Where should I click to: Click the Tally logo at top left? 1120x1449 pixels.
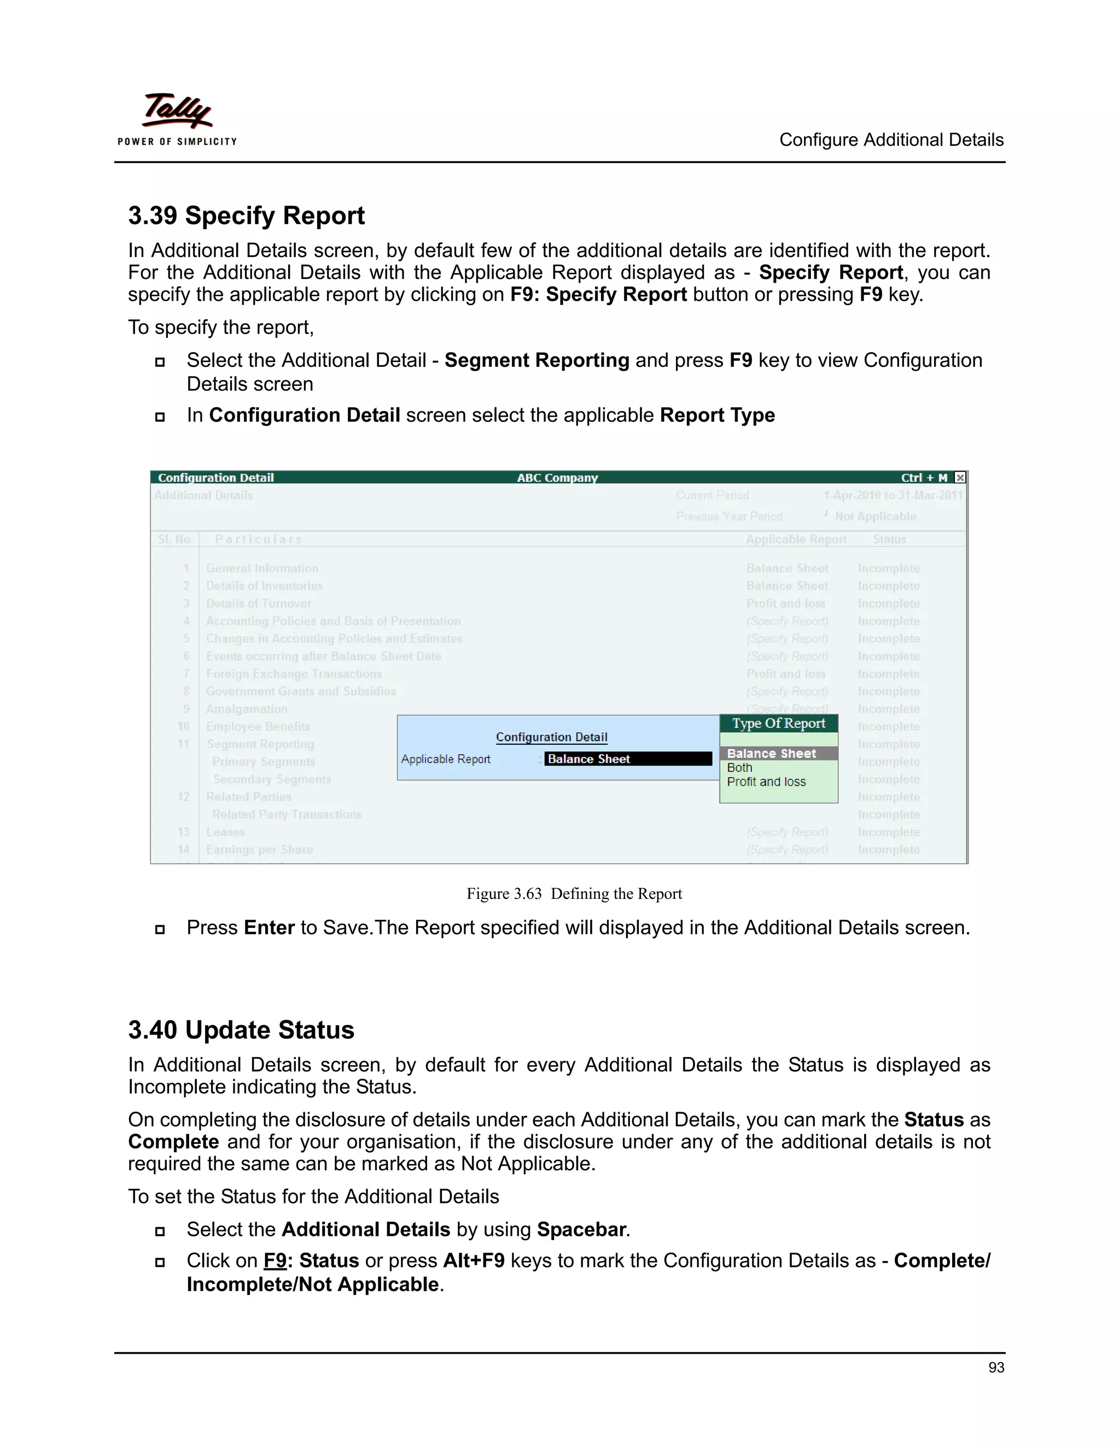[x=177, y=119]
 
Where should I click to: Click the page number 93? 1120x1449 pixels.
[x=996, y=1368]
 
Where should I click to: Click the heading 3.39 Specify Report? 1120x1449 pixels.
[x=246, y=215]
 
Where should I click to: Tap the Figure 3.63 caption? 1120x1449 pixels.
[x=574, y=893]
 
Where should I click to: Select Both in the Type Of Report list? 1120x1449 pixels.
[x=739, y=768]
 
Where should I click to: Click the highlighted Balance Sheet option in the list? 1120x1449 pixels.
[x=771, y=753]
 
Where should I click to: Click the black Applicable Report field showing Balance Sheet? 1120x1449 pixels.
[x=627, y=759]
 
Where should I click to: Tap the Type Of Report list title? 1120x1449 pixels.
[x=778, y=723]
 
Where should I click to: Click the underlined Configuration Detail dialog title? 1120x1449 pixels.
[x=551, y=737]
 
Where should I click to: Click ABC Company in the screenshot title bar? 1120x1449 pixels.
[x=557, y=478]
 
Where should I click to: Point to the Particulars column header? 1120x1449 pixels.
[x=258, y=539]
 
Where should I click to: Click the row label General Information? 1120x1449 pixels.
[x=262, y=569]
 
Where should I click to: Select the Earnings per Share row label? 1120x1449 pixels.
[x=259, y=850]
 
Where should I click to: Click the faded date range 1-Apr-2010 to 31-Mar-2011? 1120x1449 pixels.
[x=892, y=495]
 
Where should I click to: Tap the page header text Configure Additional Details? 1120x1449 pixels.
[x=891, y=140]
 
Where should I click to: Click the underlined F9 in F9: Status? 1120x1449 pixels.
[x=275, y=1260]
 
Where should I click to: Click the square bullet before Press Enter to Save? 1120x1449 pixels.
[x=160, y=930]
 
